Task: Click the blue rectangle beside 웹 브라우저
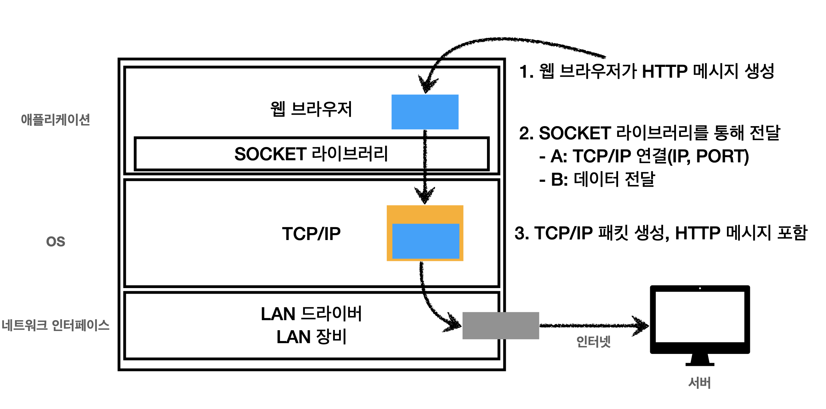point(425,112)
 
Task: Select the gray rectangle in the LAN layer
point(501,325)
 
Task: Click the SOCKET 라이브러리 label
point(311,154)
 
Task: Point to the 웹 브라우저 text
point(311,109)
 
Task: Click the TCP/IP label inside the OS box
point(311,233)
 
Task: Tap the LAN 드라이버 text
point(311,314)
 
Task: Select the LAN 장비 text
point(311,337)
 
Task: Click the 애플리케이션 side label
point(55,119)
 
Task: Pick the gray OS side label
point(55,241)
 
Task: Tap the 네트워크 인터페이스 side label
point(55,325)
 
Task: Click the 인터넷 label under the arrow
point(593,341)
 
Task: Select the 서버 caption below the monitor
point(699,383)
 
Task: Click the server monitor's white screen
point(700,317)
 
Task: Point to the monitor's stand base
point(700,364)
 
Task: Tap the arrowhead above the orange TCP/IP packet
point(425,196)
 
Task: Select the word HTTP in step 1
point(664,71)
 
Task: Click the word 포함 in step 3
point(792,233)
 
